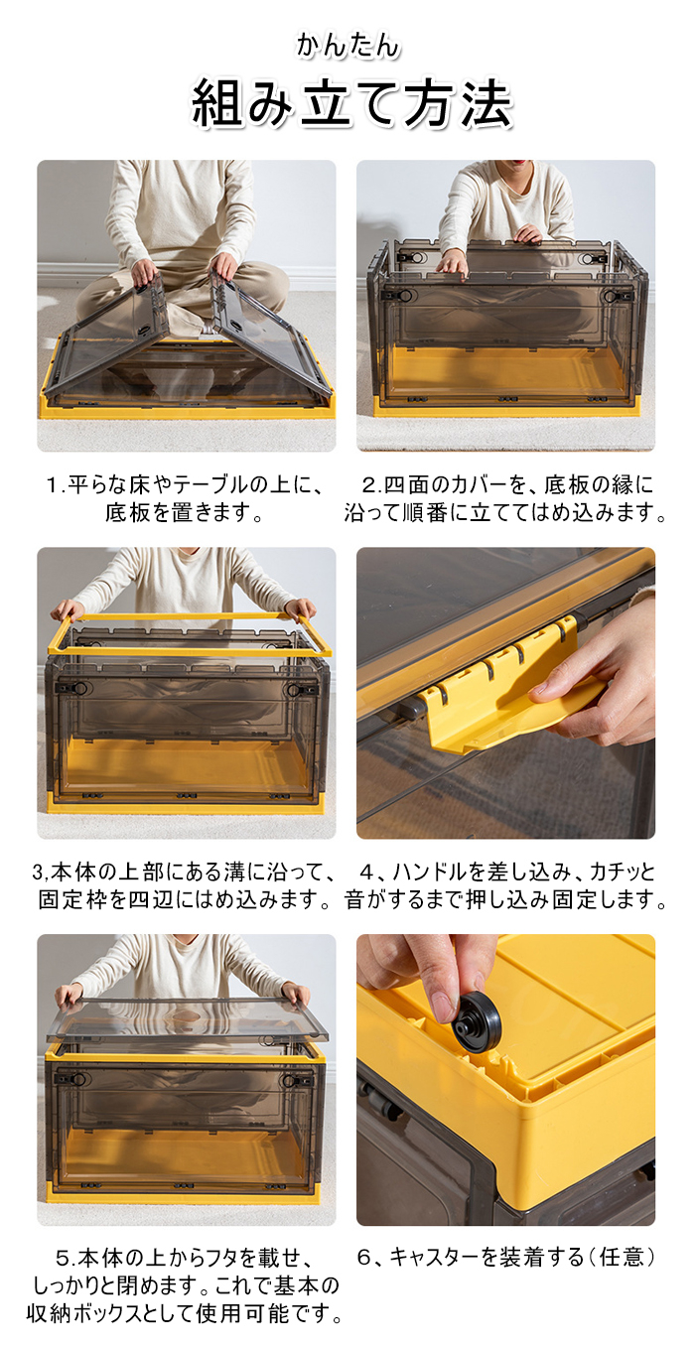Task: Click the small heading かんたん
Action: pyautogui.click(x=347, y=46)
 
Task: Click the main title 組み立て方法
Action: pyautogui.click(x=351, y=103)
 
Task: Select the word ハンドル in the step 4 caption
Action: pyautogui.click(x=430, y=872)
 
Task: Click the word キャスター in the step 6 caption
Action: pyautogui.click(x=435, y=1257)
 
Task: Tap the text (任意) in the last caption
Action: pyautogui.click(x=620, y=1257)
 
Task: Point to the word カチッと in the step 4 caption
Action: pyautogui.click(x=622, y=872)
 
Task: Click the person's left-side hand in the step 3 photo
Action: pyautogui.click(x=67, y=609)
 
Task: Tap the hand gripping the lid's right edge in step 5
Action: pyautogui.click(x=296, y=993)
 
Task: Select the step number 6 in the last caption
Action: pyautogui.click(x=364, y=1257)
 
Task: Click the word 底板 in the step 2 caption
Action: pyautogui.click(x=565, y=484)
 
